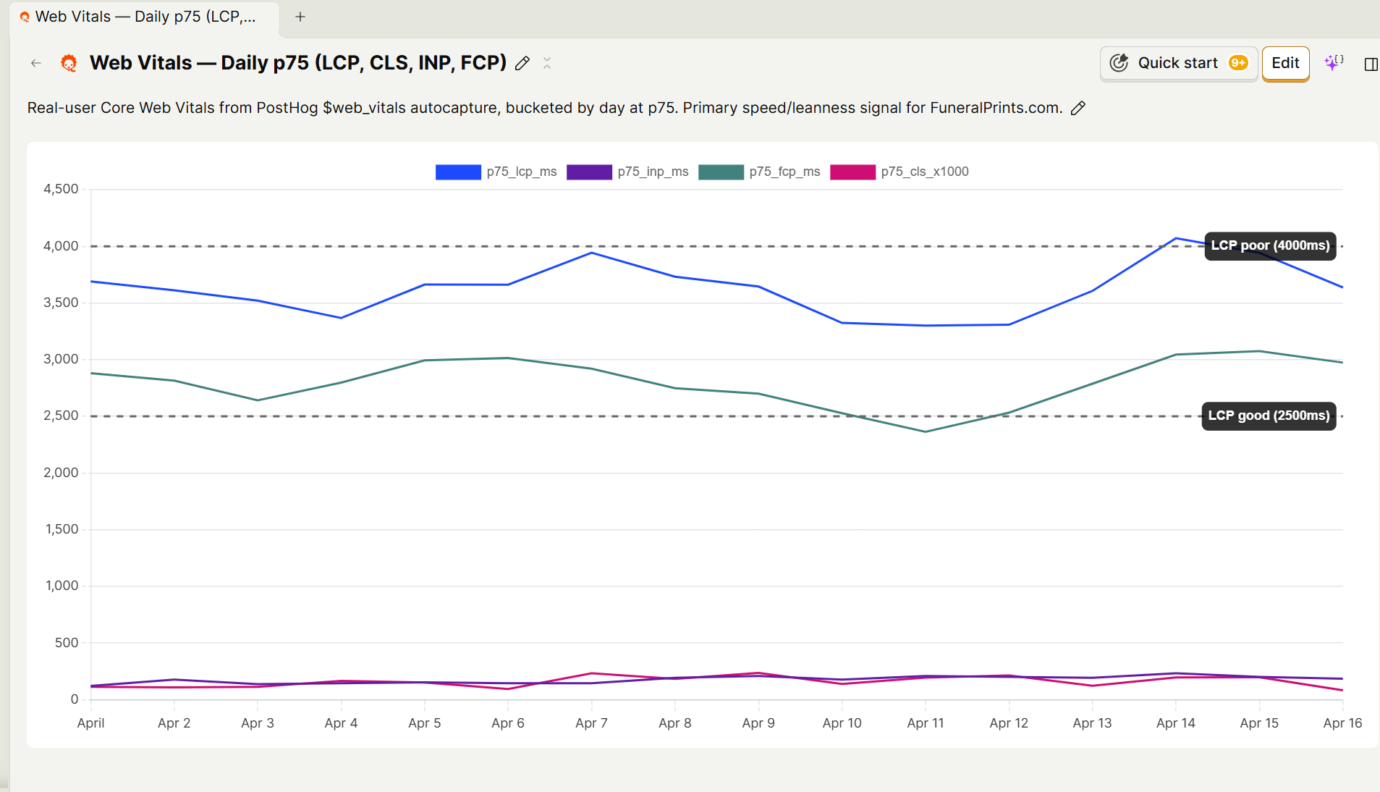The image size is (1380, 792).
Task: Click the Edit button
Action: click(x=1285, y=64)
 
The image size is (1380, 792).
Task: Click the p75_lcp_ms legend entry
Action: click(x=496, y=172)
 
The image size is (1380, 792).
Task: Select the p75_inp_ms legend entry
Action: click(x=627, y=172)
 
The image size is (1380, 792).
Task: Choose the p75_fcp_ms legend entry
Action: click(x=759, y=172)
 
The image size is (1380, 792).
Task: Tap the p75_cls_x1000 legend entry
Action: click(x=899, y=172)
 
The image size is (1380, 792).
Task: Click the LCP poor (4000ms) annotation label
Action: click(x=1270, y=245)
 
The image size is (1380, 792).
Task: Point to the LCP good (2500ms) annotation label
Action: click(x=1268, y=416)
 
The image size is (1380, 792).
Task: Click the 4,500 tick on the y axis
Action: click(x=62, y=189)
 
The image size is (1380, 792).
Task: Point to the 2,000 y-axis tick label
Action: click(x=62, y=473)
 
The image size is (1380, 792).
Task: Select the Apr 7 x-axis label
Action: click(x=591, y=723)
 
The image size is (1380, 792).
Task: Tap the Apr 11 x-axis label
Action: click(x=925, y=723)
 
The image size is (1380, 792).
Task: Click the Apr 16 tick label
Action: click(x=1342, y=723)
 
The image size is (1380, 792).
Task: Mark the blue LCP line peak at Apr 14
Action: click(x=1176, y=238)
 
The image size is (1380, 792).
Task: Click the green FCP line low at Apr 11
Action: click(x=926, y=431)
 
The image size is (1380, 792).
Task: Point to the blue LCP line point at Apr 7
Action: click(x=592, y=253)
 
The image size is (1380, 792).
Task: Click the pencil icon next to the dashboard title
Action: click(x=522, y=64)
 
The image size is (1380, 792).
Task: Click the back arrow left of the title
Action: click(x=36, y=64)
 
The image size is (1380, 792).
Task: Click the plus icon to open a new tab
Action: click(x=300, y=17)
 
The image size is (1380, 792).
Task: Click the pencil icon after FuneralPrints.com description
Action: click(x=1078, y=108)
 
